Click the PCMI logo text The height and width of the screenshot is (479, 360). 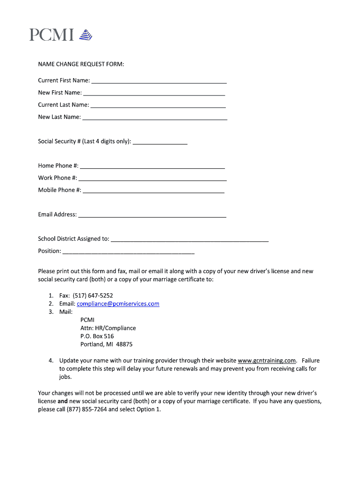51,35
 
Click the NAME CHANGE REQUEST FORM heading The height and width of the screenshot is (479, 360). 81,64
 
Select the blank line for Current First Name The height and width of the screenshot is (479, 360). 159,81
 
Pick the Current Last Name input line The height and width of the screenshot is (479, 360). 158,106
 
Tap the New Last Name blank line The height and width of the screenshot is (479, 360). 154,118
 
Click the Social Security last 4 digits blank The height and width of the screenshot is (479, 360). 160,142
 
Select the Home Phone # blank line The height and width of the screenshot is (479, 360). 152,167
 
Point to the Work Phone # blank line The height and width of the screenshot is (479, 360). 152,179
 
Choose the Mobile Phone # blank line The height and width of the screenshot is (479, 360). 153,191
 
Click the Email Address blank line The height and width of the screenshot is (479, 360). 152,215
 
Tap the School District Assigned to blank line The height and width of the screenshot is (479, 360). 190,239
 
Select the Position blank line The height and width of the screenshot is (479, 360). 129,252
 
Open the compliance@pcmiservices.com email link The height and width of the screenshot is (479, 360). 118,304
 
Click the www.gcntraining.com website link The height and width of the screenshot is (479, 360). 267,361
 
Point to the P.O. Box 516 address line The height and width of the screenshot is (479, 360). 97,336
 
